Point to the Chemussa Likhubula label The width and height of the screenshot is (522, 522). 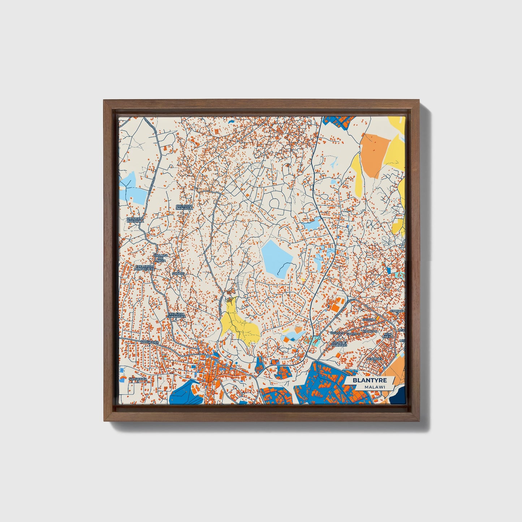coord(184,207)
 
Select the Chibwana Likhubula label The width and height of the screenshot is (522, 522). coord(135,220)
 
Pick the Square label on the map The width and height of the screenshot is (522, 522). coord(178,274)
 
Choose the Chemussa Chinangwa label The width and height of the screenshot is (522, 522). coord(177,316)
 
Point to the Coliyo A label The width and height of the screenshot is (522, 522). coord(370,319)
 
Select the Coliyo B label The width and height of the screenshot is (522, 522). coord(337,333)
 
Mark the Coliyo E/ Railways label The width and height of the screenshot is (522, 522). coord(339,344)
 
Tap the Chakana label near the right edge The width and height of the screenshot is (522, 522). coord(397,311)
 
